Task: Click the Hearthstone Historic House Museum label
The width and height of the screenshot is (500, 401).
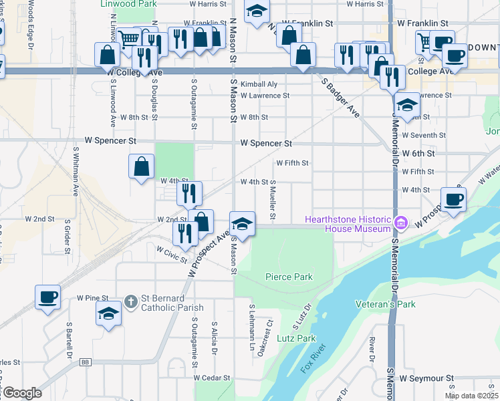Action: click(x=348, y=224)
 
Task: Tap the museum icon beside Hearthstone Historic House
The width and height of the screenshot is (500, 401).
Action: click(x=401, y=223)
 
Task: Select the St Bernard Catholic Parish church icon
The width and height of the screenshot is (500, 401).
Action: click(x=131, y=303)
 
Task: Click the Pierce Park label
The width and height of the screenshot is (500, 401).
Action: click(x=289, y=277)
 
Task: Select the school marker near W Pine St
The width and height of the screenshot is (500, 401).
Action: click(x=108, y=313)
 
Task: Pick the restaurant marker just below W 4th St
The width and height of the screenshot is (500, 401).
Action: click(x=190, y=193)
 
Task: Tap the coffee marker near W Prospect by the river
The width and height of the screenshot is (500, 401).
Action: click(x=453, y=198)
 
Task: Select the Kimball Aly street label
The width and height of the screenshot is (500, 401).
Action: click(x=259, y=84)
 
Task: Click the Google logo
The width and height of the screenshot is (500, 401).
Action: click(x=22, y=393)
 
